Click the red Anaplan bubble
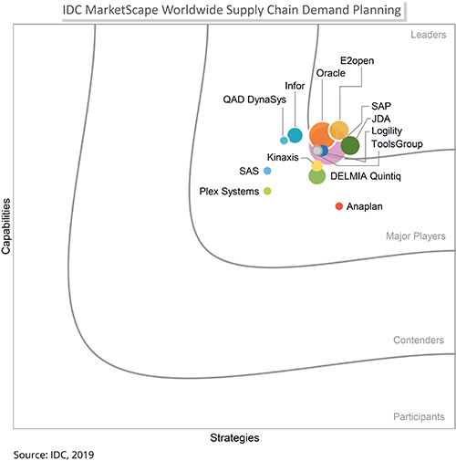point(339,206)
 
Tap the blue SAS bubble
point(267,171)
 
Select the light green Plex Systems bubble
point(267,191)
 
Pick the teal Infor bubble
point(295,136)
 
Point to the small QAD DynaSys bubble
point(284,141)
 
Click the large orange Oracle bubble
point(321,134)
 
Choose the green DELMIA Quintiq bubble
point(316,176)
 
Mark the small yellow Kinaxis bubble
point(316,166)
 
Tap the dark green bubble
point(350,144)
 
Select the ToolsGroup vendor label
point(396,143)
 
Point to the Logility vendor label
point(389,131)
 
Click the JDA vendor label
point(381,119)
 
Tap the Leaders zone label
point(425,37)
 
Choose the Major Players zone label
point(416,236)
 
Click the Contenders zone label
point(419,341)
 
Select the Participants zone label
point(420,416)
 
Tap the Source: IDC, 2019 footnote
point(53,453)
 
